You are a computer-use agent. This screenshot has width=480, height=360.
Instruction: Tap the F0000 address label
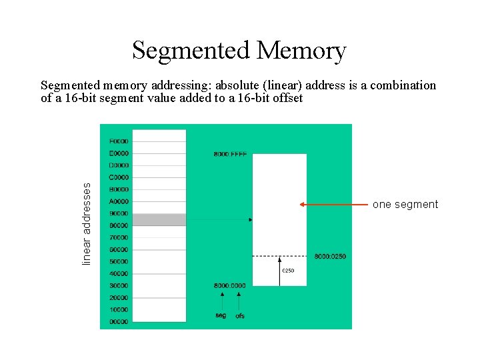click(119, 141)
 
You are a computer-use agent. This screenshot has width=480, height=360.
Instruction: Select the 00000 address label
click(119, 322)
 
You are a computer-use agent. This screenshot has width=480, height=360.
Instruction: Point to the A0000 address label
click(119, 201)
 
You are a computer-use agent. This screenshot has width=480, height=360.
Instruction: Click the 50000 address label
click(119, 262)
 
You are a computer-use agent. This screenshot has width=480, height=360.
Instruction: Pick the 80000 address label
click(119, 226)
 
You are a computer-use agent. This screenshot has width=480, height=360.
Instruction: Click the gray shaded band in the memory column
click(159, 220)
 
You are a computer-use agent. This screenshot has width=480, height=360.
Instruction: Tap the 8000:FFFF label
click(230, 154)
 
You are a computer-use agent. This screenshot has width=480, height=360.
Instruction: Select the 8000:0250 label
click(330, 257)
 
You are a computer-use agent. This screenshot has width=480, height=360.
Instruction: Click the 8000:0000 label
click(229, 286)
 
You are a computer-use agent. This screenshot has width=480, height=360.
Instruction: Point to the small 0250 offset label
click(288, 270)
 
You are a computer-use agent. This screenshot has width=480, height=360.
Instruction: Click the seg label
click(221, 315)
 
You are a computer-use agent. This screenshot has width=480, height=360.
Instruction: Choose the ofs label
click(240, 315)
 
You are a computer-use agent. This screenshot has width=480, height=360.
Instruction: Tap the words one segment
click(405, 205)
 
